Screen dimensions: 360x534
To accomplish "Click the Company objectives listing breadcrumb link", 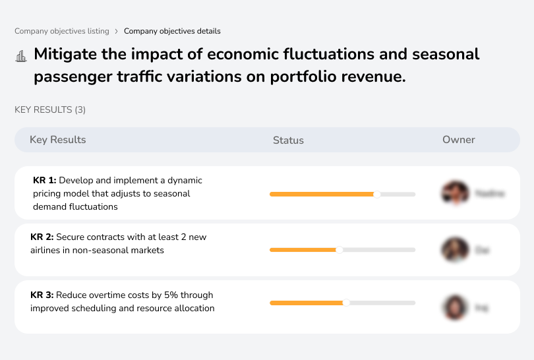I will [62, 31].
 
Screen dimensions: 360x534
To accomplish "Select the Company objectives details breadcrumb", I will [172, 31].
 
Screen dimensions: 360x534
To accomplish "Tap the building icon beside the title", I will [21, 56].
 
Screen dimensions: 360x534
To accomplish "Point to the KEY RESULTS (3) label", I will [50, 109].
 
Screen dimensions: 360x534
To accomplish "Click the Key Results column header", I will [57, 140].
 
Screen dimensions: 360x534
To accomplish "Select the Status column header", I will [288, 140].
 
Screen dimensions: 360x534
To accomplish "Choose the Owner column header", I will [458, 140].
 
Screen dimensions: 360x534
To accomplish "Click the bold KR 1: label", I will [44, 180].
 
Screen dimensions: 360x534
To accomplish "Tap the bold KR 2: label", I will [42, 237].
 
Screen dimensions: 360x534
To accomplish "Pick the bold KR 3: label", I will [42, 295].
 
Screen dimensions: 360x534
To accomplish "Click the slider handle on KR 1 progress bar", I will [377, 194].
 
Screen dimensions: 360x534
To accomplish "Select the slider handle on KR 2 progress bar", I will [340, 250].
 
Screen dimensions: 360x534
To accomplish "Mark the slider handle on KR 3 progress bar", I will [346, 303].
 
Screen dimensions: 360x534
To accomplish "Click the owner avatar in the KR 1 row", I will [455, 193].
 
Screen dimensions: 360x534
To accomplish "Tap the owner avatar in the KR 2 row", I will [455, 250].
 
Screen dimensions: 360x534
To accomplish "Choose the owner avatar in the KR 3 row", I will [455, 307].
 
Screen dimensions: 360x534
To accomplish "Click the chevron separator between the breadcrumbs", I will [117, 31].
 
